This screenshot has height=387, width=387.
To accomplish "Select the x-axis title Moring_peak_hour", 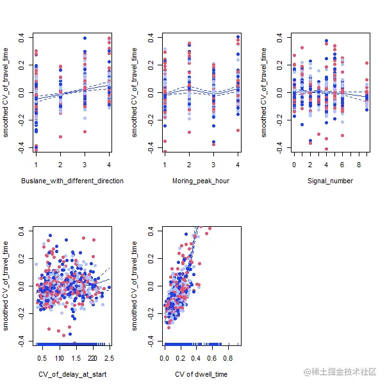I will tap(201, 181).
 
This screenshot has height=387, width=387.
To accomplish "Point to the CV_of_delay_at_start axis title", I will tap(72, 374).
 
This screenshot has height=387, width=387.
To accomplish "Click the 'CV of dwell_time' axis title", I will tap(201, 374).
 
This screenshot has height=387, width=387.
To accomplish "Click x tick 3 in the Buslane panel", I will tap(85, 163).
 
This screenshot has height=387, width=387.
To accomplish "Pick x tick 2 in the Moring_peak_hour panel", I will tap(189, 163).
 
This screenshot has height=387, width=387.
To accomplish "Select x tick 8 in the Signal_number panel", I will tap(359, 163).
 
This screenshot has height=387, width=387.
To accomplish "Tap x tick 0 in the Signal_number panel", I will tap(294, 163).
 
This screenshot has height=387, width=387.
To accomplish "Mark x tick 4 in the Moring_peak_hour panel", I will tap(238, 163).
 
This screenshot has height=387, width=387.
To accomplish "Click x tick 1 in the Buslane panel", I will tap(36, 163).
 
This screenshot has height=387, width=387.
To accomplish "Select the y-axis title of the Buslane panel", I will tap(6, 92).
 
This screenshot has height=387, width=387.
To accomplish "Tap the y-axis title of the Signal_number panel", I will tap(265, 92).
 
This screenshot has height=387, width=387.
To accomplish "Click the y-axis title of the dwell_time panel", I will tap(135, 286).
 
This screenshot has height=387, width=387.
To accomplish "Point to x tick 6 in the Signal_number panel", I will tap(343, 163).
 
